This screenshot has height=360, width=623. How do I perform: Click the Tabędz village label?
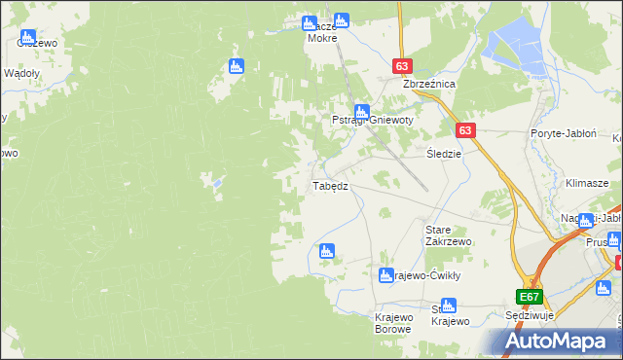329,186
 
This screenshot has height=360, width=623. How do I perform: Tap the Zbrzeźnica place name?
429,84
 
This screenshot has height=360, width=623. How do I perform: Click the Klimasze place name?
586,183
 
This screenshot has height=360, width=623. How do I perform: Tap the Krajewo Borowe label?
394,322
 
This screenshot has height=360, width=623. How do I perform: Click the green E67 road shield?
529,297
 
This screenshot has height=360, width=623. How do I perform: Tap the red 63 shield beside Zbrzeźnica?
404,65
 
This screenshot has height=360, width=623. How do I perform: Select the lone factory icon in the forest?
235,67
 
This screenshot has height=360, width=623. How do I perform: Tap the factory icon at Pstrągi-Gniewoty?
361,112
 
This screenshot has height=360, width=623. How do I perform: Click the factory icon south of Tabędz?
326,251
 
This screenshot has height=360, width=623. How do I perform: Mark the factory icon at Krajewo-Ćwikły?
385,276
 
